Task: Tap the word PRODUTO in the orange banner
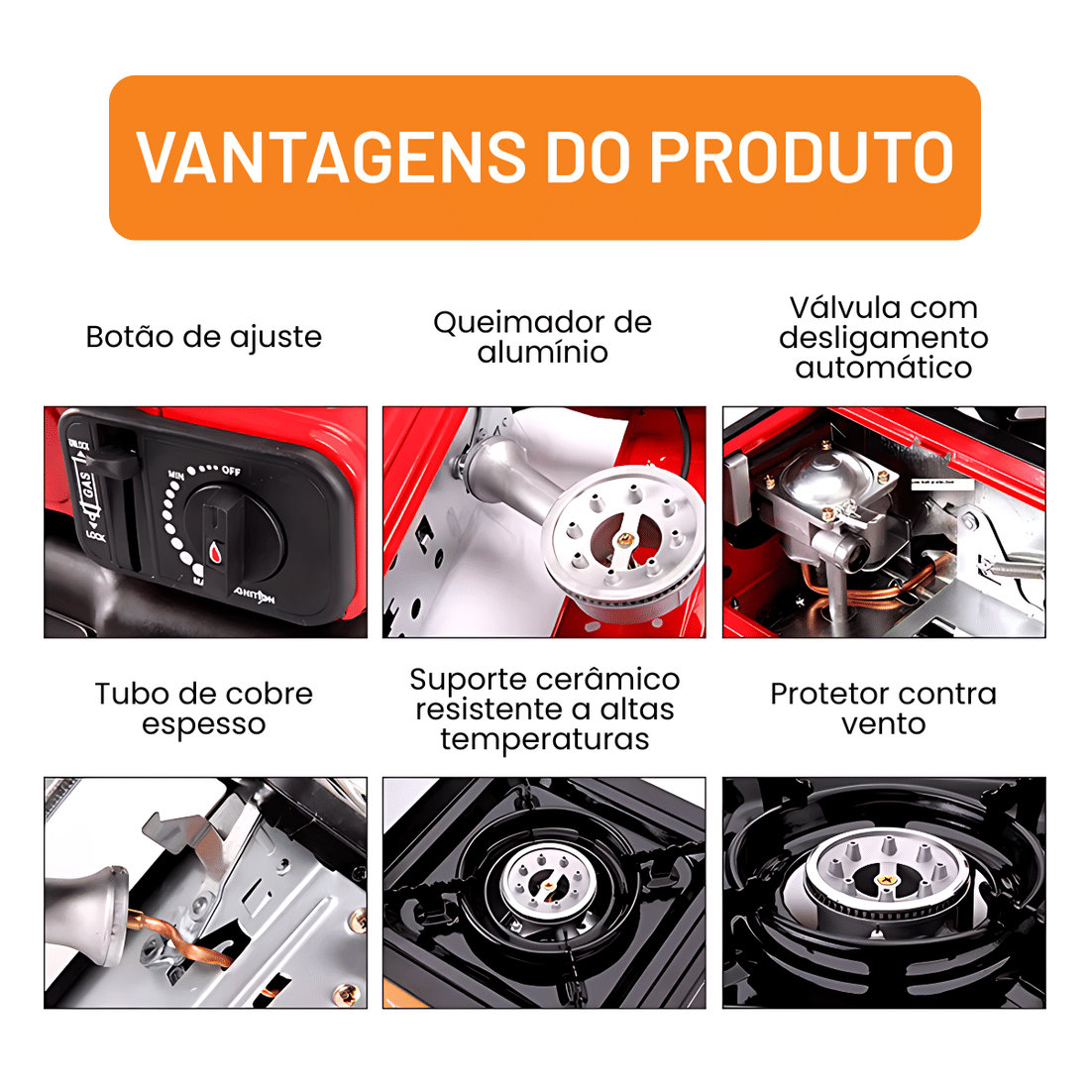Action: [x=801, y=158]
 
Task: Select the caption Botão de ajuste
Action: [x=204, y=337]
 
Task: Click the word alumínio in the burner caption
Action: [x=543, y=353]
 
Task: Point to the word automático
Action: [x=883, y=369]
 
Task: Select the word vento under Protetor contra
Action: [x=883, y=724]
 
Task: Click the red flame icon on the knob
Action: [x=215, y=551]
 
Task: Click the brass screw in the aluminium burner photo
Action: [x=624, y=539]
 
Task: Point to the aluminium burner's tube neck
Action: [x=505, y=483]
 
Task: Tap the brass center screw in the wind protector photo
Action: [x=884, y=877]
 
